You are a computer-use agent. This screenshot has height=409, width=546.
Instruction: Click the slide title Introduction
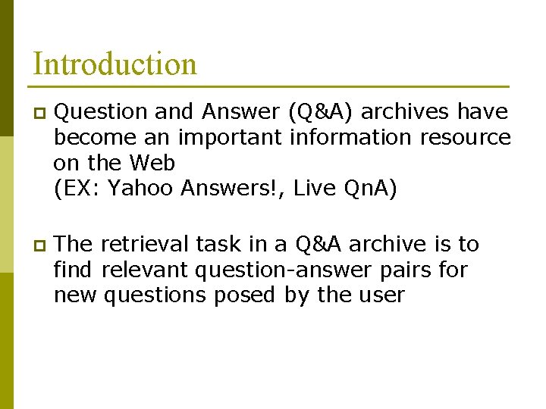click(115, 64)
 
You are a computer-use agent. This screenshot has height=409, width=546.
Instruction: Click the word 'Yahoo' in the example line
click(140, 189)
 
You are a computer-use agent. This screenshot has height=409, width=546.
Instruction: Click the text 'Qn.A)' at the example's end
click(370, 189)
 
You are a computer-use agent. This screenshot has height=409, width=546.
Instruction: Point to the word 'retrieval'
click(144, 244)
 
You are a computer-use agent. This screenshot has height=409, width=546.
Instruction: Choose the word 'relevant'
click(146, 269)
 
